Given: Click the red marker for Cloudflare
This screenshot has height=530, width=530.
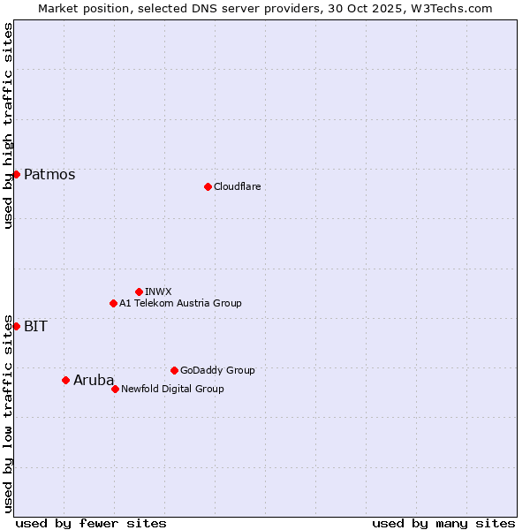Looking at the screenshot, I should [x=208, y=186].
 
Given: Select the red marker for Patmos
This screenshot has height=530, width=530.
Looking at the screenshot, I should [x=16, y=174].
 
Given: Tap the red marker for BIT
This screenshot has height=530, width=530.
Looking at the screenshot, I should [x=16, y=326].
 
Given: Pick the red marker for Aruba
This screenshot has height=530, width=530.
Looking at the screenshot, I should [x=65, y=380].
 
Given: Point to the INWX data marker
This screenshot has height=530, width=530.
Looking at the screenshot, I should [x=139, y=291].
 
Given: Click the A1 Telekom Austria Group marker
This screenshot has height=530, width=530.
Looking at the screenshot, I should [x=113, y=303].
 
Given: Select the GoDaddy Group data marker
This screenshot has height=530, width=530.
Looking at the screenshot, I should [x=174, y=370].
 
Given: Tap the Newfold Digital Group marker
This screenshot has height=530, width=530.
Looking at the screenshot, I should [x=115, y=389].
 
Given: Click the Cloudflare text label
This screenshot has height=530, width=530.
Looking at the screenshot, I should [x=237, y=186].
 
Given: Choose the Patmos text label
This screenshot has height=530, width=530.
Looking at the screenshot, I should [x=49, y=174].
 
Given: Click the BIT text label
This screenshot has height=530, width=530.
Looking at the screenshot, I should [x=35, y=326].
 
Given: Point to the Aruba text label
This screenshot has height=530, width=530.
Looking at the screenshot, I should [x=94, y=380].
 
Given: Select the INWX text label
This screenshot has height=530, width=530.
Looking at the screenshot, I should [x=158, y=291].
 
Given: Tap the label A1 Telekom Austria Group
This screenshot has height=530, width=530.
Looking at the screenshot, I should [x=180, y=303].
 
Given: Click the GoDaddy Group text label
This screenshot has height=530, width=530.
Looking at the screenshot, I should [x=217, y=370].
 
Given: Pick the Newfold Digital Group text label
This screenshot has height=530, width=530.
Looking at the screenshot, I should [x=172, y=389].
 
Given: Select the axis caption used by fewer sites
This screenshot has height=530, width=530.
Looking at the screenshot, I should [x=91, y=523].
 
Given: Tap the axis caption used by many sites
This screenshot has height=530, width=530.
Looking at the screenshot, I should [x=443, y=523].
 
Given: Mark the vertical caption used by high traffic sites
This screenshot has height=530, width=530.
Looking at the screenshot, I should [x=8, y=125].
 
